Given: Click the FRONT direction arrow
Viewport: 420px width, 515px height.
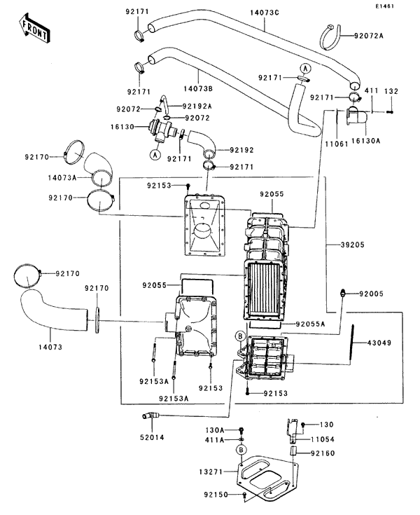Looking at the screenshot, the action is click(x=34, y=28).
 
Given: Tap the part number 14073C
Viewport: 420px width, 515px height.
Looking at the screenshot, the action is click(x=265, y=13).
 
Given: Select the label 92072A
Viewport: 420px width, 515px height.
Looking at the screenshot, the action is click(x=368, y=36).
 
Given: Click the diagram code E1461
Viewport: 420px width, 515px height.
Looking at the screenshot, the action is click(x=385, y=6).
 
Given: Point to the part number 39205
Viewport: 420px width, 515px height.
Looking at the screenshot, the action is click(x=352, y=245).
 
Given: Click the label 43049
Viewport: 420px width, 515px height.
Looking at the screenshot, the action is click(x=379, y=343).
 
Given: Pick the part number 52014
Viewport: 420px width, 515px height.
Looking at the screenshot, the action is click(x=152, y=437).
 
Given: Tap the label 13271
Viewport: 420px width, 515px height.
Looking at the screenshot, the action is click(x=211, y=472).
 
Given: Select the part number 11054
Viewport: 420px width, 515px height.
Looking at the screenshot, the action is click(x=323, y=439).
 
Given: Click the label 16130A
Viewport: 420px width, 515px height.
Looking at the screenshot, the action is click(x=365, y=141).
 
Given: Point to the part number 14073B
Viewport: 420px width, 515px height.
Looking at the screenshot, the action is click(x=198, y=89).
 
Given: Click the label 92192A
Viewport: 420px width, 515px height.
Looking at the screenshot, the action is click(x=197, y=106).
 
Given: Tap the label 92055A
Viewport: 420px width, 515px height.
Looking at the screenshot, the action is click(x=310, y=324).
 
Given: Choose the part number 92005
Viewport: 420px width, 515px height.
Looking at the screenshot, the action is click(x=371, y=294).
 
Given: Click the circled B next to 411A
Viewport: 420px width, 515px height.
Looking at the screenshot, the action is click(x=241, y=450).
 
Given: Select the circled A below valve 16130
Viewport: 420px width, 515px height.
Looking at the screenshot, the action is click(x=155, y=154).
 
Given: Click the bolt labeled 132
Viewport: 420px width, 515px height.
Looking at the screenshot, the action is click(x=389, y=112).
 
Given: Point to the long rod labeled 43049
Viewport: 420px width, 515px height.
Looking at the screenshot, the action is click(x=351, y=344).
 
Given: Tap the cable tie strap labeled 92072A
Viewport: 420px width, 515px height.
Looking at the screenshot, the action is click(x=330, y=37).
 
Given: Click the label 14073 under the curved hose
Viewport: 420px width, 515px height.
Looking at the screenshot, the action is click(x=50, y=347).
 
